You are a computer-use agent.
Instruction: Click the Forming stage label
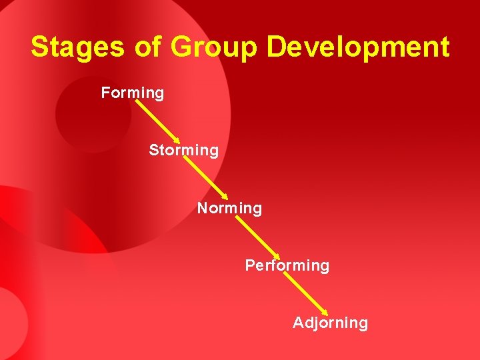click(x=132, y=93)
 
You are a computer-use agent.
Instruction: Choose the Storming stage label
click(x=183, y=151)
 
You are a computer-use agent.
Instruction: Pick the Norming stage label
click(x=229, y=209)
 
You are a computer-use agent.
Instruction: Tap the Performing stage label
click(x=287, y=265)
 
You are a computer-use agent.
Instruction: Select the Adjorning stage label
click(x=330, y=323)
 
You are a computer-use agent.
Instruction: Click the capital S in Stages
click(x=40, y=47)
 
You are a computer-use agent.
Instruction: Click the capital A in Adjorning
click(x=299, y=323)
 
